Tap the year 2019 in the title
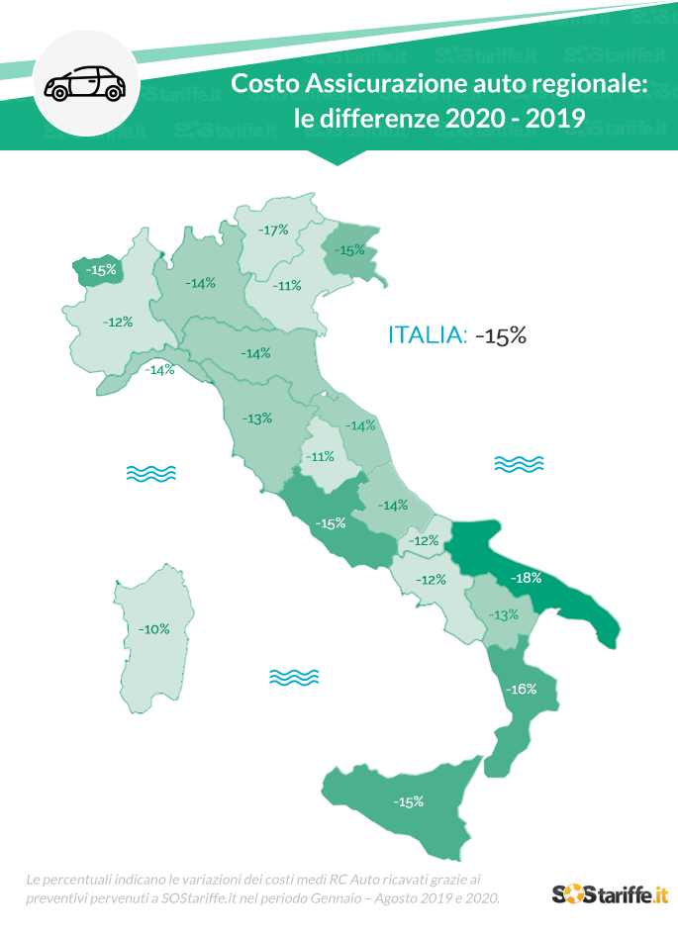555,120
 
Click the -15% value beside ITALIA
500,335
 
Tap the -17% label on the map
273,230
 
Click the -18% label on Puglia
525,577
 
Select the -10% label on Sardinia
153,628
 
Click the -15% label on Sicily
408,801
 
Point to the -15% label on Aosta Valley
100,269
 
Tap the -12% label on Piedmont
118,322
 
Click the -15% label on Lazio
330,522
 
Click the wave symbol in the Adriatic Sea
519,463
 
